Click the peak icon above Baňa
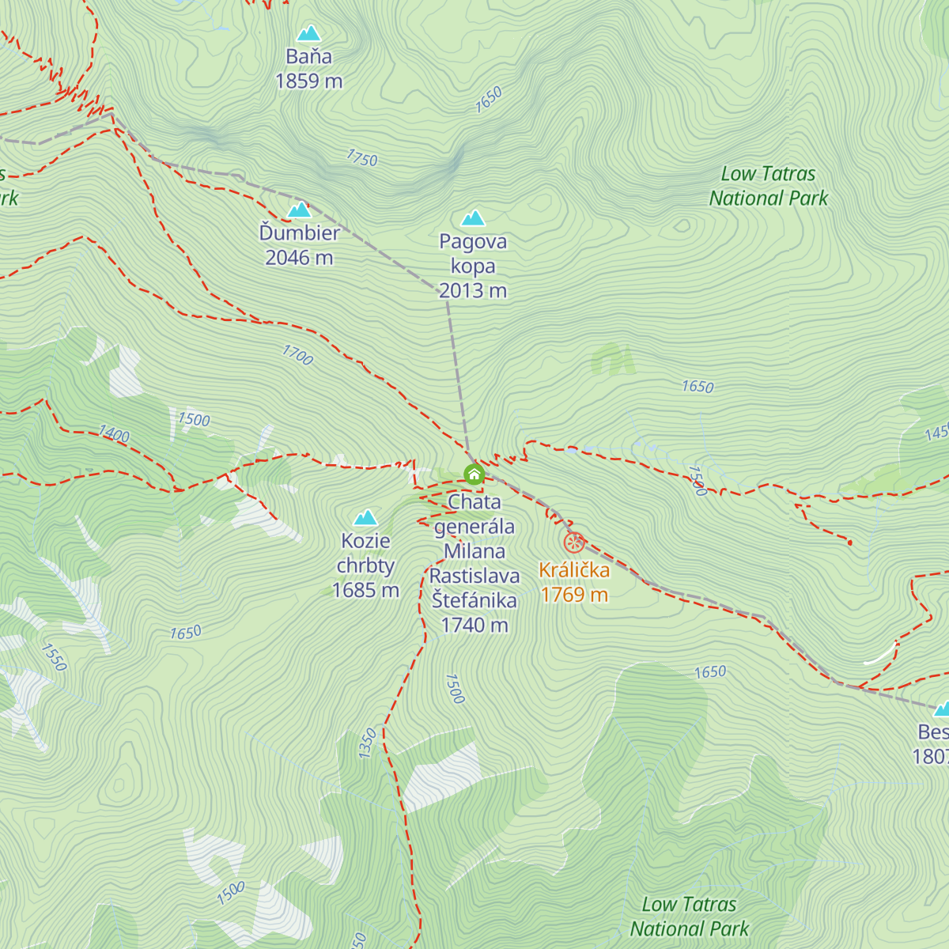pyautogui.click(x=308, y=33)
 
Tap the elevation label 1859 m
pyautogui.click(x=308, y=81)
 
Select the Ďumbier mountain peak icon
pyautogui.click(x=299, y=210)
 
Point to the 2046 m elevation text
pyautogui.click(x=299, y=258)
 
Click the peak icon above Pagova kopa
pyautogui.click(x=473, y=217)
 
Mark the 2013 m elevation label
pyautogui.click(x=473, y=291)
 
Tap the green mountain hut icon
pyautogui.click(x=474, y=475)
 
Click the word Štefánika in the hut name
pyautogui.click(x=475, y=600)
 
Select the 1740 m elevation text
pyautogui.click(x=475, y=625)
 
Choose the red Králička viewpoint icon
pyautogui.click(x=574, y=543)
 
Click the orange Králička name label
pyautogui.click(x=574, y=570)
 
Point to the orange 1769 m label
pyautogui.click(x=574, y=595)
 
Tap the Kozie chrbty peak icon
pyautogui.click(x=365, y=518)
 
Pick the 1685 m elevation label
pyautogui.click(x=365, y=590)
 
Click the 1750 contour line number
pyautogui.click(x=362, y=158)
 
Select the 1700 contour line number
pyautogui.click(x=298, y=355)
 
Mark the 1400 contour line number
pyautogui.click(x=114, y=433)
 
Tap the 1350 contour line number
pyautogui.click(x=368, y=743)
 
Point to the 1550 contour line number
pyautogui.click(x=54, y=657)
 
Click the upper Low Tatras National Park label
pyautogui.click(x=768, y=186)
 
